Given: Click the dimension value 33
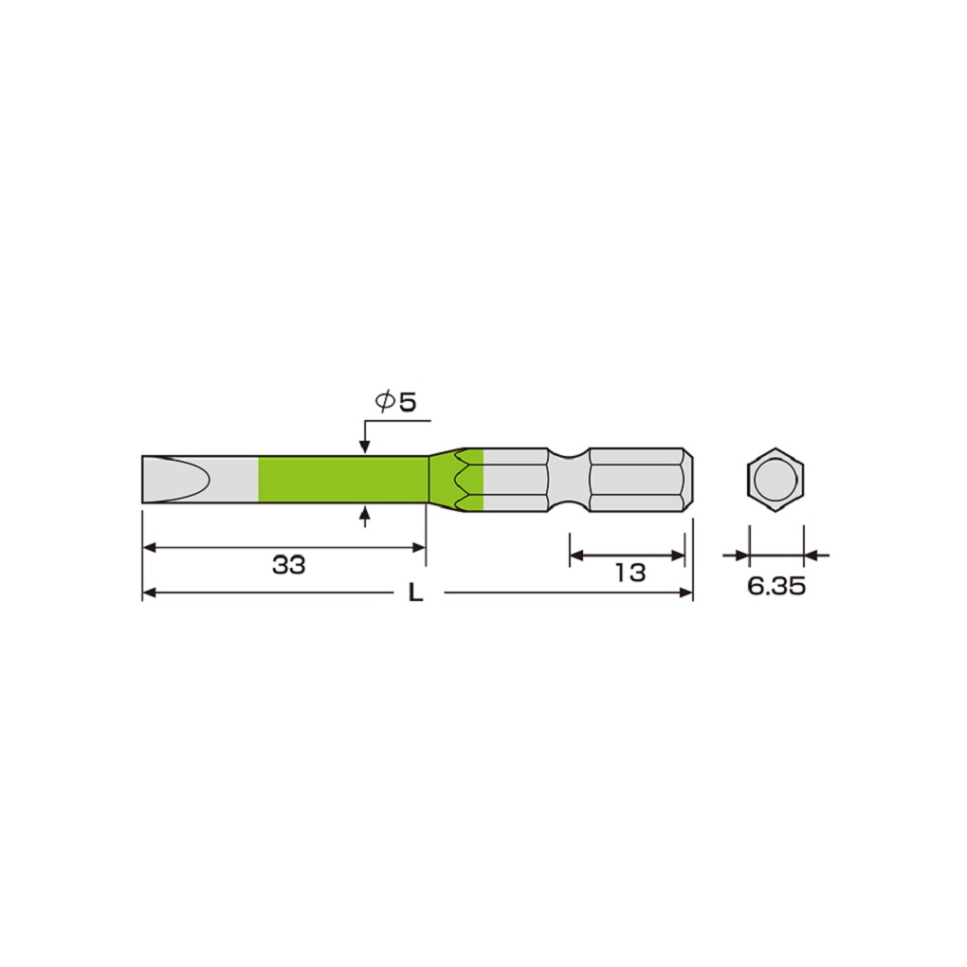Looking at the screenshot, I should coord(288,566).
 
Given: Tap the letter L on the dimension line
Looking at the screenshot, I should coord(414,594).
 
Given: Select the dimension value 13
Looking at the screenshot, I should coord(629,572).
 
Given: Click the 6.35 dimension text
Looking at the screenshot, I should coord(775,586).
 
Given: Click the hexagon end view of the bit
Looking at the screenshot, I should coord(775,481).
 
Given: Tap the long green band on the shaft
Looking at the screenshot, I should coord(342,480).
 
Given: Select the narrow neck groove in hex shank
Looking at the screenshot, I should coord(569,480).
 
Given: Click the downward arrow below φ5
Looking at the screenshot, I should coord(365,445).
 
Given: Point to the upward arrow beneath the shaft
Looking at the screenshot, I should coord(365,514).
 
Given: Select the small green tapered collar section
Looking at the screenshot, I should coord(455,480).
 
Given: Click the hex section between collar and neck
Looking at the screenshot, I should coord(517,480).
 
